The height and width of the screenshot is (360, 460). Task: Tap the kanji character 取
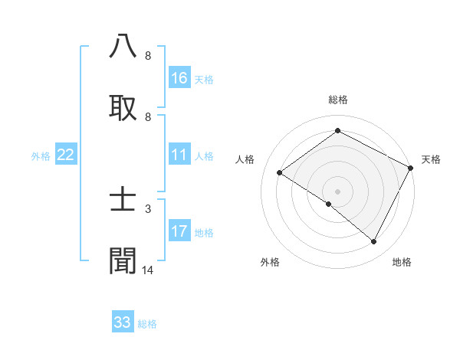tap(123, 106)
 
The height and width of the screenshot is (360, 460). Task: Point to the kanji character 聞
tap(123, 260)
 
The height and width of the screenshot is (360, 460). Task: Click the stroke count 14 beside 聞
tap(148, 270)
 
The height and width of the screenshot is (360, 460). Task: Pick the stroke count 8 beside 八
tap(148, 55)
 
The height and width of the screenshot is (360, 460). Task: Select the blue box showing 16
tap(179, 78)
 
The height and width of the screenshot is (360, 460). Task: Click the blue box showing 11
tap(179, 155)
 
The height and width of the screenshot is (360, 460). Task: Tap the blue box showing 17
tap(179, 231)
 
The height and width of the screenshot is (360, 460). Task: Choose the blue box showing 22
tap(66, 155)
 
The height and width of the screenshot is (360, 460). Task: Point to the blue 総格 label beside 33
tap(147, 324)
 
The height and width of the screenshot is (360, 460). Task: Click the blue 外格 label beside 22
tap(41, 156)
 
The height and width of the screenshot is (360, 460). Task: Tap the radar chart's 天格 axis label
tap(431, 159)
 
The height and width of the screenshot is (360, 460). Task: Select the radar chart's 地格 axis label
tap(402, 262)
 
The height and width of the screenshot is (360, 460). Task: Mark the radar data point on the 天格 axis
tap(410, 168)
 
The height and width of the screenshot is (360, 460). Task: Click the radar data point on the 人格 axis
tap(280, 173)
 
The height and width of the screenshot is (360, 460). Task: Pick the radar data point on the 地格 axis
tap(374, 242)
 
